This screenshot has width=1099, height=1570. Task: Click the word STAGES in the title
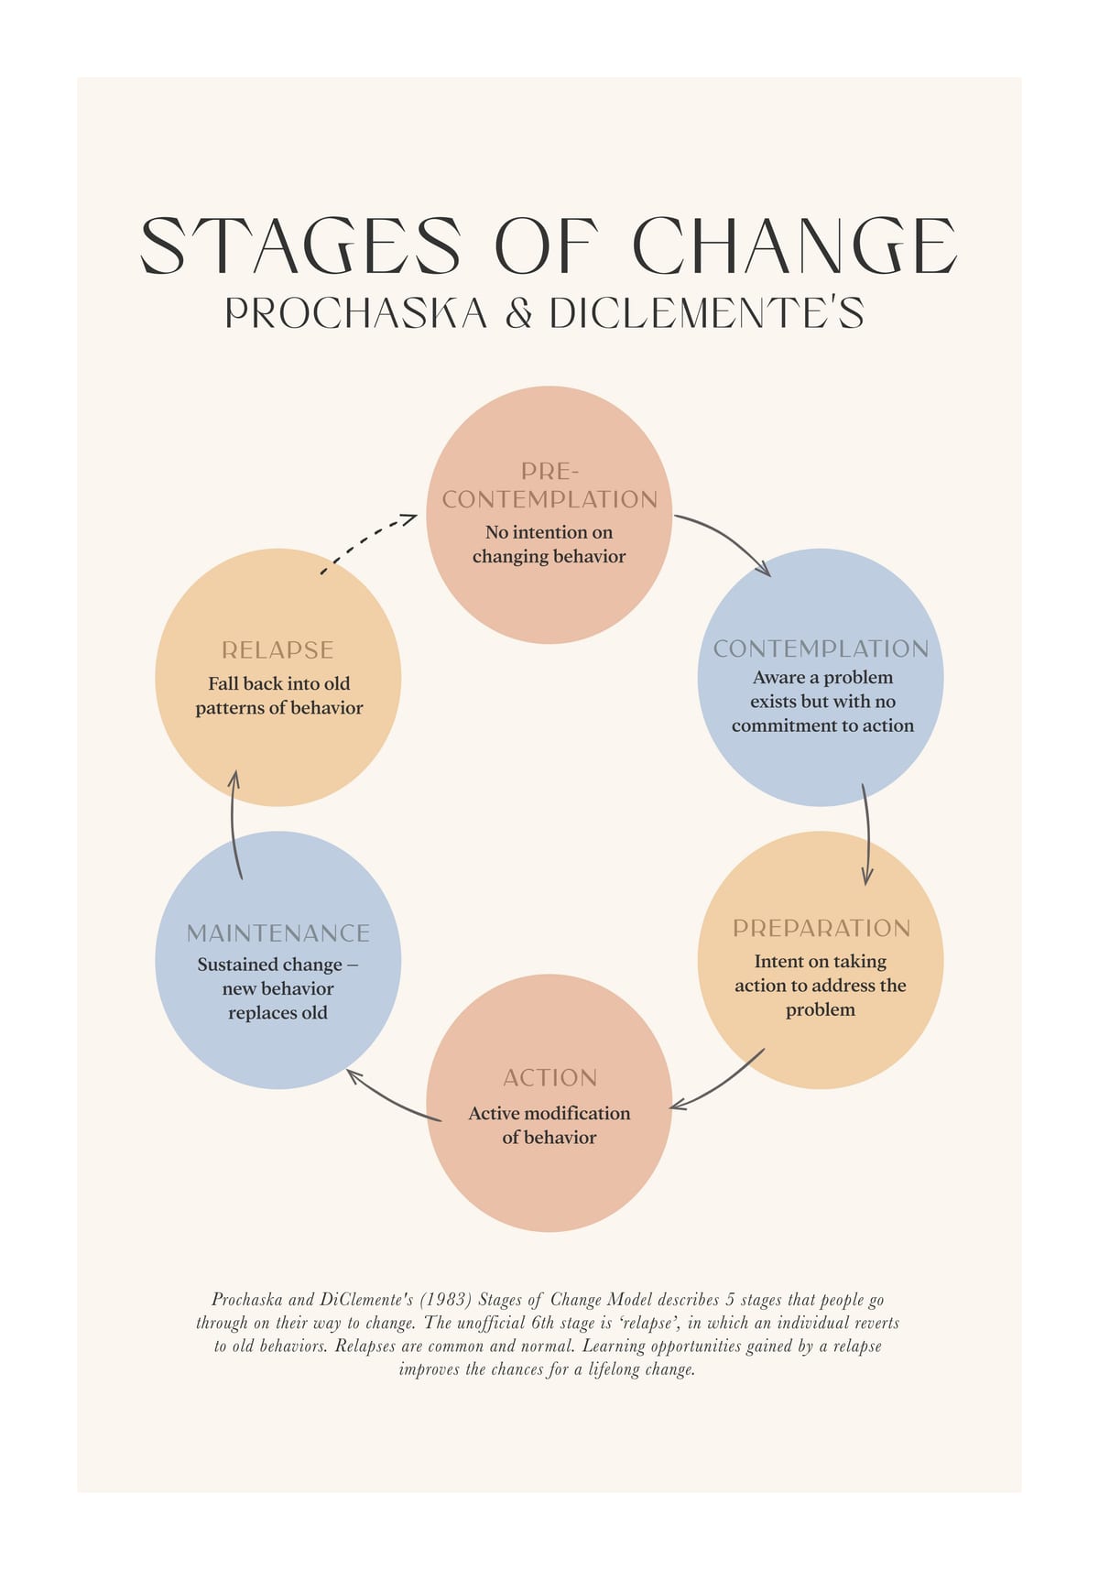tap(300, 245)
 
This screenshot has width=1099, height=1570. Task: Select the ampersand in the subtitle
tap(518, 313)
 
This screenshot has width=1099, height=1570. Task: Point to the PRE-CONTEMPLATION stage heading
tap(549, 485)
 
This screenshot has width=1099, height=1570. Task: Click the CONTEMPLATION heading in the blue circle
tap(821, 649)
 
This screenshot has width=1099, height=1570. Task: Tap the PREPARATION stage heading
tap(822, 929)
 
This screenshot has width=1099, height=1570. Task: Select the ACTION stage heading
tap(550, 1078)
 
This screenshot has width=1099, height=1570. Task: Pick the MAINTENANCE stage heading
tap(278, 933)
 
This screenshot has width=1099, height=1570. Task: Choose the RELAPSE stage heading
tap(277, 650)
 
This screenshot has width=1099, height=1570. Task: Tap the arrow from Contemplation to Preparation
tap(867, 834)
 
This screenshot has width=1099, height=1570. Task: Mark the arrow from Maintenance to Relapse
tap(234, 824)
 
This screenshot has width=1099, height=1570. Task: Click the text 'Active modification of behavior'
tap(549, 1126)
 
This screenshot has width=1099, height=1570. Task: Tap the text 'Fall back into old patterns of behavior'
tap(279, 696)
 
